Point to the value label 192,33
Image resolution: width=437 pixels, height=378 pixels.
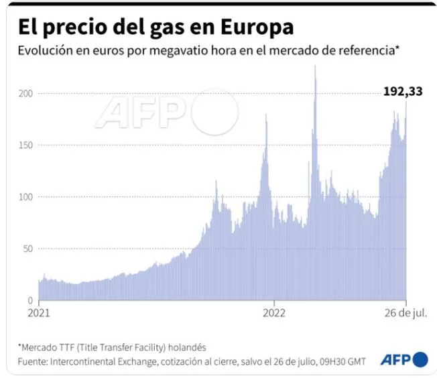click(x=402, y=92)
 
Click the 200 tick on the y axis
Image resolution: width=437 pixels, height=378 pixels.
click(x=26, y=93)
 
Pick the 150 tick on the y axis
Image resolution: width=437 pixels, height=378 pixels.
click(x=26, y=145)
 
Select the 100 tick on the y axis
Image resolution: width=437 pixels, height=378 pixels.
click(x=26, y=196)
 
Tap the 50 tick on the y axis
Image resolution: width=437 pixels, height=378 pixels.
click(x=28, y=249)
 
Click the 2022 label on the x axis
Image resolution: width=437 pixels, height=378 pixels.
click(x=275, y=313)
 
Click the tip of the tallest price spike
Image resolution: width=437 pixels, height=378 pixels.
click(x=315, y=66)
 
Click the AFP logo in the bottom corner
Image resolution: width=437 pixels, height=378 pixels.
click(x=395, y=360)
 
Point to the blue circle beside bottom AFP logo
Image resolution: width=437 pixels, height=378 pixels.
click(x=420, y=360)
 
